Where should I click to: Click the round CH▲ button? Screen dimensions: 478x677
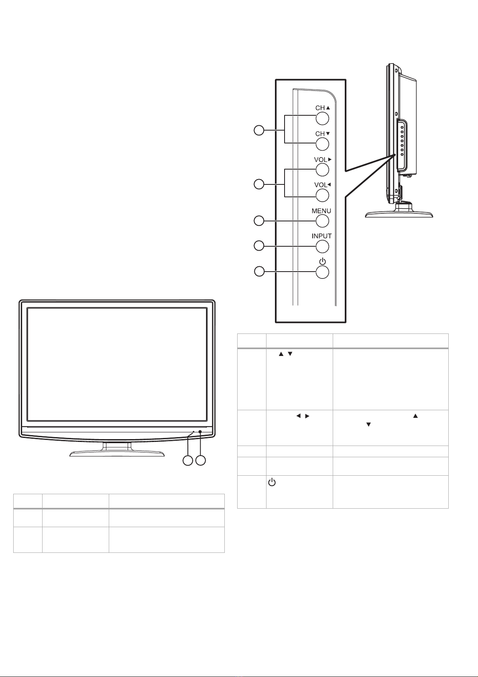pyautogui.click(x=322, y=118)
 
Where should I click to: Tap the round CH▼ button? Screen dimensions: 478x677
pyautogui.click(x=322, y=144)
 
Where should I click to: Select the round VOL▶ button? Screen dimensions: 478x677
pyautogui.click(x=322, y=170)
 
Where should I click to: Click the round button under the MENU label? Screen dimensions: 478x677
pyautogui.click(x=322, y=221)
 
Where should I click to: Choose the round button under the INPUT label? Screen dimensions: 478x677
pyautogui.click(x=322, y=247)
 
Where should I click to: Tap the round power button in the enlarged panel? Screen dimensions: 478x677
pyautogui.click(x=322, y=272)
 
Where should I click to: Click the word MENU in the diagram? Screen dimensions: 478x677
pyautogui.click(x=321, y=211)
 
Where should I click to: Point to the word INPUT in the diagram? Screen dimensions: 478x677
pyautogui.click(x=321, y=236)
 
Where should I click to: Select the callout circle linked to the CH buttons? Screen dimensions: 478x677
pyautogui.click(x=259, y=131)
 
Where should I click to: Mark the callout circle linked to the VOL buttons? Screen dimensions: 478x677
pyautogui.click(x=259, y=184)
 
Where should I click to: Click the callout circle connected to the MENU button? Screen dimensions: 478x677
pyautogui.click(x=259, y=221)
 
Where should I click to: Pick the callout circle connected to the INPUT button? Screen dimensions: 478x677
pyautogui.click(x=259, y=246)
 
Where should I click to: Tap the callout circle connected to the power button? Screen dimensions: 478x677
pyautogui.click(x=259, y=272)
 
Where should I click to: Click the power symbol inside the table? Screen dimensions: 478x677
pyautogui.click(x=272, y=483)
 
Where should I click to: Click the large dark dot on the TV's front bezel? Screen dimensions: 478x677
pyautogui.click(x=200, y=432)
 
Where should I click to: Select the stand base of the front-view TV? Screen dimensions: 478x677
pyautogui.click(x=117, y=453)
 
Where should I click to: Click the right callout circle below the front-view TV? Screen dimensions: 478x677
pyautogui.click(x=201, y=460)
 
